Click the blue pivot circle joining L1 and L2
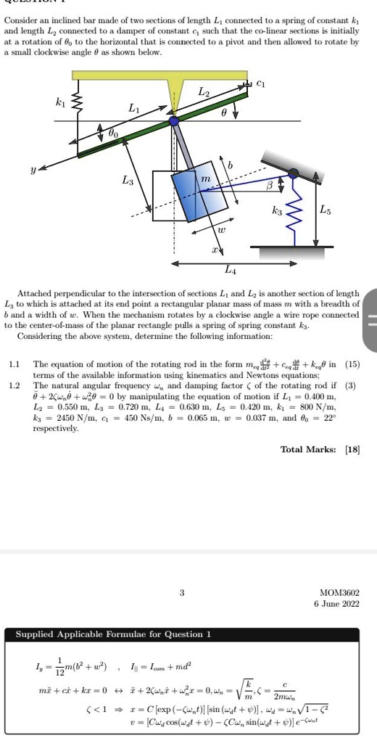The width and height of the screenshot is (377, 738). coord(175,123)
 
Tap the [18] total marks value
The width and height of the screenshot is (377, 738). coord(351,450)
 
